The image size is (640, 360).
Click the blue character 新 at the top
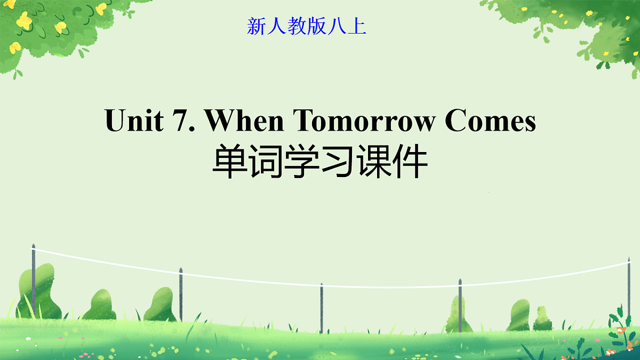257,26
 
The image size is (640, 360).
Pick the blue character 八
337,26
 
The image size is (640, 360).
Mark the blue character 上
357,26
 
